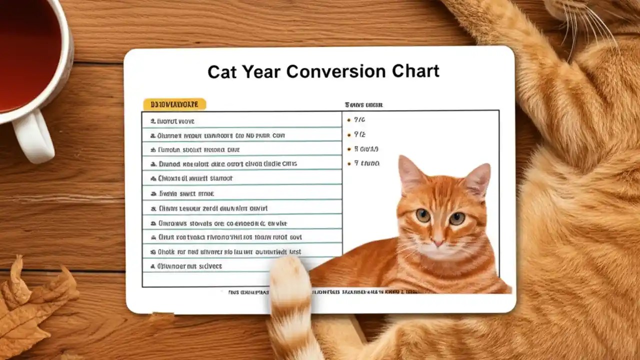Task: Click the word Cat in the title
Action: pyautogui.click(x=222, y=71)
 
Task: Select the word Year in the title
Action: pyautogui.click(x=260, y=71)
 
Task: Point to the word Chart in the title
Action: pyautogui.click(x=416, y=71)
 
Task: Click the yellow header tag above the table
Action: pyautogui.click(x=174, y=104)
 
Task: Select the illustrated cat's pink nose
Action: pyautogui.click(x=438, y=243)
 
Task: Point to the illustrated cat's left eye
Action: pyautogui.click(x=423, y=215)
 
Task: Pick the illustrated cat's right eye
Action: pyautogui.click(x=457, y=218)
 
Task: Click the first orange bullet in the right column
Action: pyautogui.click(x=348, y=120)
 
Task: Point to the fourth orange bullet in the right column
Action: pyautogui.click(x=348, y=163)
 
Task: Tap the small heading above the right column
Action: pyautogui.click(x=363, y=105)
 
